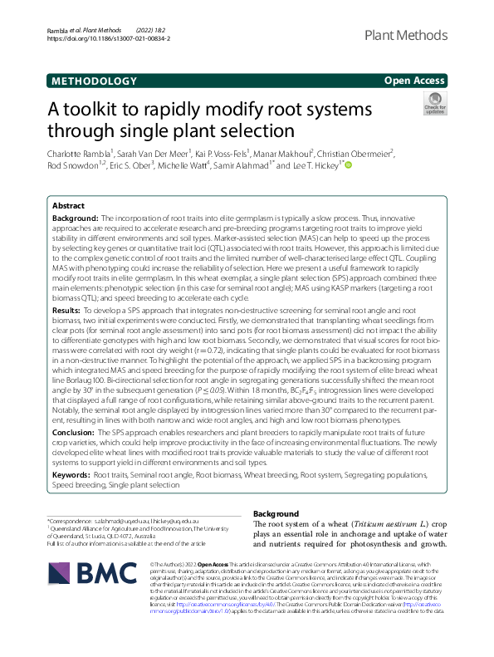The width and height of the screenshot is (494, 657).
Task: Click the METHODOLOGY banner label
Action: click(94, 81)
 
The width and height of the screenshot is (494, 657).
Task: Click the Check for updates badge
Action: click(434, 104)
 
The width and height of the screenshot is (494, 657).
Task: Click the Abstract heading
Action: click(68, 205)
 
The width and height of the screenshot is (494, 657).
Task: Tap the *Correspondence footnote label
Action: click(76, 517)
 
